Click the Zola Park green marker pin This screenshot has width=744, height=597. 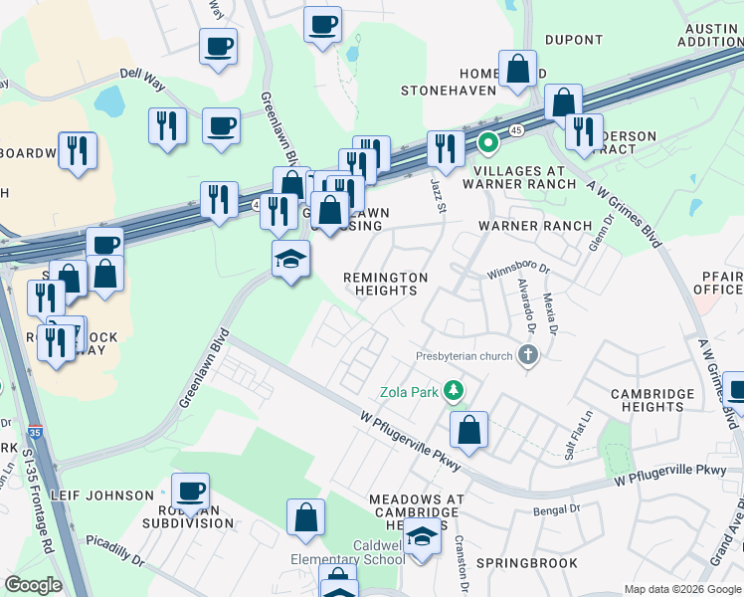(455, 390)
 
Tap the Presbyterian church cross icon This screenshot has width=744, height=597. (527, 354)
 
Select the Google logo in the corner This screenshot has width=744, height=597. (33, 584)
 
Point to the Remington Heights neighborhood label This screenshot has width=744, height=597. (385, 284)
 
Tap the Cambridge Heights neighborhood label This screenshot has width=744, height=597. (652, 401)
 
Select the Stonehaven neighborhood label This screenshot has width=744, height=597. (448, 91)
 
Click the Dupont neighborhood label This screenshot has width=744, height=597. (574, 40)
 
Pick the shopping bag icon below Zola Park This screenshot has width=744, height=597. (468, 430)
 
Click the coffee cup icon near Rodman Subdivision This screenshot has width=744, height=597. (190, 491)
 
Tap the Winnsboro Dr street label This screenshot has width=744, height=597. (517, 272)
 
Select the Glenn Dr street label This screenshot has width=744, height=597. (597, 239)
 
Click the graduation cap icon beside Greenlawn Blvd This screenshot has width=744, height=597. (290, 260)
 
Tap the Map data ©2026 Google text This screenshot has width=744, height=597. (681, 589)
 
